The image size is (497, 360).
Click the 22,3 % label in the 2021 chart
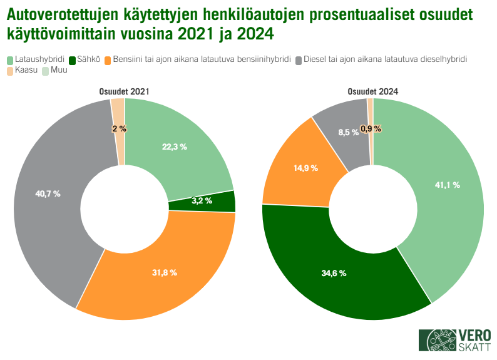pyautogui.click(x=175, y=147)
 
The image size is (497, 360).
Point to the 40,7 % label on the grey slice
pyautogui.click(x=48, y=194)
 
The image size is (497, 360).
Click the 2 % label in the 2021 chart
pyautogui.click(x=119, y=128)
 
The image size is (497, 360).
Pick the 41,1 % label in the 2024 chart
pyautogui.click(x=447, y=185)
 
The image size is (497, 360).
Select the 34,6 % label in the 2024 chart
pyautogui.click(x=334, y=274)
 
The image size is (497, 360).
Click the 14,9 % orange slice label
pyautogui.click(x=305, y=168)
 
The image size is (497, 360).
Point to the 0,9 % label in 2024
pyautogui.click(x=371, y=128)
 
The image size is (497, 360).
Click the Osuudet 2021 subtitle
pyautogui.click(x=124, y=91)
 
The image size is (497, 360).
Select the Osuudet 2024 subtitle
pyautogui.click(x=373, y=91)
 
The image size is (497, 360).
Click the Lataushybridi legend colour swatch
pyautogui.click(x=10, y=60)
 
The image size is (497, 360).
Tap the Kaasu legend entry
pyautogui.click(x=24, y=71)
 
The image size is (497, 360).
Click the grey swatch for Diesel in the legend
pyautogui.click(x=299, y=60)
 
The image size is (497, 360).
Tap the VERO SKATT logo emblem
pyautogui.click(x=438, y=341)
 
